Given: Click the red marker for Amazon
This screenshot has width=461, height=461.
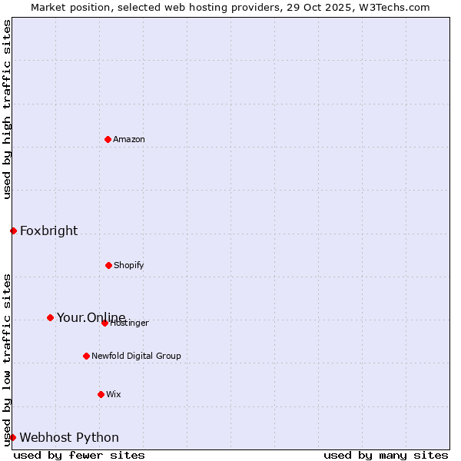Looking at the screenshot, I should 108,139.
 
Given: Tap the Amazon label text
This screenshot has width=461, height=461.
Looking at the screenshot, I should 129,140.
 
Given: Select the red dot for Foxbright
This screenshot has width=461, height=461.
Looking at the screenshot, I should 13,230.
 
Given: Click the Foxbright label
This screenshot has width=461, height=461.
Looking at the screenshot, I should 48,231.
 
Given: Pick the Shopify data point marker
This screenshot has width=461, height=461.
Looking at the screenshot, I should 108,265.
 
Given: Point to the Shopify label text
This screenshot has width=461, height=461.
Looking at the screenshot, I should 129,266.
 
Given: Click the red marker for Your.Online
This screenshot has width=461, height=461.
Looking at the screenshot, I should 50,317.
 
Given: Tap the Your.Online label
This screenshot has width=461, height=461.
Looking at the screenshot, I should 91,318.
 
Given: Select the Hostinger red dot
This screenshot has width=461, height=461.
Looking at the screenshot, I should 104,323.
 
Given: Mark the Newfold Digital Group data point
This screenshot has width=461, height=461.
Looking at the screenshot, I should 86,356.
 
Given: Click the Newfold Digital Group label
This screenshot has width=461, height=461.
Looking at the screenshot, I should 136,357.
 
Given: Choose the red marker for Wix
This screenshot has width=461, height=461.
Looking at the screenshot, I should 101,394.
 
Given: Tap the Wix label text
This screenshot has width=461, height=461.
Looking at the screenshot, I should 114,395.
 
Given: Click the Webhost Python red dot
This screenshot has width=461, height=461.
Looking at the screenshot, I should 12,437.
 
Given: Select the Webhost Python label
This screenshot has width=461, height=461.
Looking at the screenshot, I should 69,438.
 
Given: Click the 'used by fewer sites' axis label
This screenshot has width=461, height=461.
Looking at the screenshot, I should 79,455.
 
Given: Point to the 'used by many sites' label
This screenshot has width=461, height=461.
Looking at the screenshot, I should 386,455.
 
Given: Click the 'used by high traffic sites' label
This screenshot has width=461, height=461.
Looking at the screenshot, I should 7,109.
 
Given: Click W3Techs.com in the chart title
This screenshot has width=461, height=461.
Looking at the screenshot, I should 393,7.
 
